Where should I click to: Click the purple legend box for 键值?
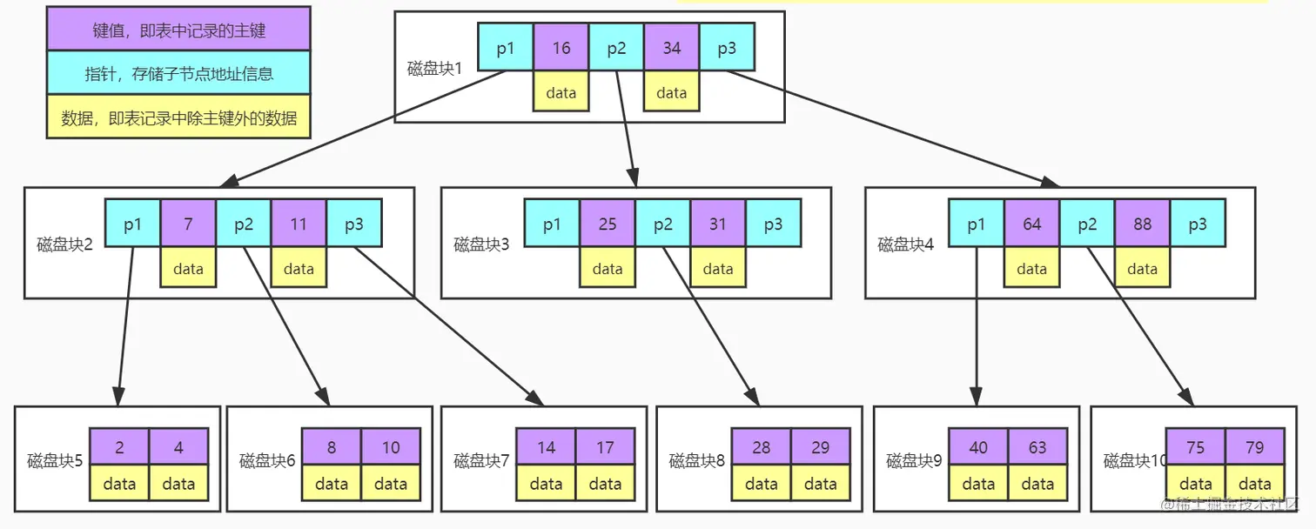click(178, 30)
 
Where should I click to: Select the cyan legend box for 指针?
click(178, 73)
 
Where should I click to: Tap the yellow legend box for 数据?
click(178, 117)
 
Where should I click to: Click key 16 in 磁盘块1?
click(561, 48)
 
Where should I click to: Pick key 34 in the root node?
click(671, 48)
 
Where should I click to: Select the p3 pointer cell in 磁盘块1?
click(727, 48)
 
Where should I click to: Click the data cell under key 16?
click(561, 92)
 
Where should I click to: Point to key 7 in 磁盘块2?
click(188, 224)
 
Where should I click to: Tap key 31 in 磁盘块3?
click(717, 224)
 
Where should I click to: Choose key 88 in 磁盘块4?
click(1142, 224)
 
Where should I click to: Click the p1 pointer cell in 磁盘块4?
click(977, 224)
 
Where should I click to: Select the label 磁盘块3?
click(481, 244)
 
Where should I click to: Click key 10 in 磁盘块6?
click(391, 447)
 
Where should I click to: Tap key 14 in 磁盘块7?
click(546, 447)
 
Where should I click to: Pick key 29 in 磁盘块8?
click(820, 447)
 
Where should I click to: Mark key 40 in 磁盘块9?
click(978, 447)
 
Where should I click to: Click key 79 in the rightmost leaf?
click(1254, 447)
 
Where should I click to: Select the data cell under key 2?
click(119, 484)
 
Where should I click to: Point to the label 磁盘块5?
click(54, 460)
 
